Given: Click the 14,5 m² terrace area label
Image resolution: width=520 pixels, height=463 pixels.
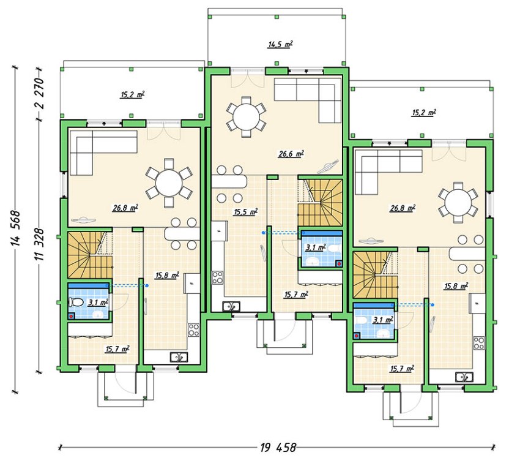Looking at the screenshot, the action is tap(280, 45).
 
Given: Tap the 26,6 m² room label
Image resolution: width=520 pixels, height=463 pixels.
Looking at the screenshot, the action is tap(291, 154).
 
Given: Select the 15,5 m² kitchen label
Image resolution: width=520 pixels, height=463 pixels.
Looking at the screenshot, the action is tap(245, 212).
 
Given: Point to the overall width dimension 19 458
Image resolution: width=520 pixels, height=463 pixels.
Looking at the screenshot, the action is tap(278, 448).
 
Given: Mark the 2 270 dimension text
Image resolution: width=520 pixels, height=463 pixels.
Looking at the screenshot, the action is tap(39, 93).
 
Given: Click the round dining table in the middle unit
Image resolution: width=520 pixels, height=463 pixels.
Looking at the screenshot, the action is tap(246, 116).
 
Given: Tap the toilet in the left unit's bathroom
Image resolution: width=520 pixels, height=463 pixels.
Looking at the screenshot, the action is tap(75, 302).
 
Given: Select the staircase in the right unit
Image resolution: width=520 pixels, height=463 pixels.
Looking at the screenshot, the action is tap(376, 275).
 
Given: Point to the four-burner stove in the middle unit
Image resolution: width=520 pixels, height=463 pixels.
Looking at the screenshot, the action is tap(218, 277).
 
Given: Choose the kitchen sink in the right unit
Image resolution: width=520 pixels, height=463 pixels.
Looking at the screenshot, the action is tap(464, 377).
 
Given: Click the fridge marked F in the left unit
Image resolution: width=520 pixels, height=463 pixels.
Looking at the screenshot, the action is tap(191, 283).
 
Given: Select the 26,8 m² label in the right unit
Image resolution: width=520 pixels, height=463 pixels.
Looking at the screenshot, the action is tap(403, 208).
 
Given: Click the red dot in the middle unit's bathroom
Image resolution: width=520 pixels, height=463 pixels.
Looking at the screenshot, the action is tap(338, 264).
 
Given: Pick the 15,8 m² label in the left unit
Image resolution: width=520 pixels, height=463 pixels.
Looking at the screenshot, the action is tap(167, 276).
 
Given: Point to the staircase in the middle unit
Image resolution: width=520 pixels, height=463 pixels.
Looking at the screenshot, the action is tap(320, 203).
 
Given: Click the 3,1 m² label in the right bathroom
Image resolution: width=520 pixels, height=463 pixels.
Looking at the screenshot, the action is tap(384, 319).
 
